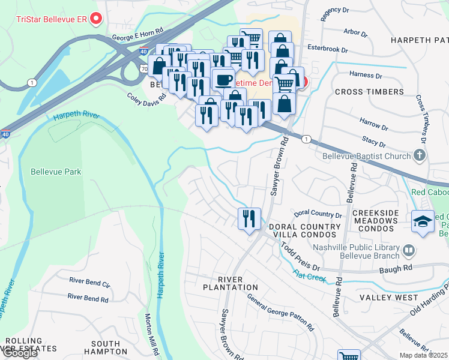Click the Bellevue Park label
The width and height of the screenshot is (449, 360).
57,172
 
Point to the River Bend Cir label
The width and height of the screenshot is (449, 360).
89,282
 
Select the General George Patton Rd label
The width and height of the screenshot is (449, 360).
280,314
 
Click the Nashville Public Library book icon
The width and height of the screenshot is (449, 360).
408,250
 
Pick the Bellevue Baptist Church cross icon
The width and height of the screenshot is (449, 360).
420,156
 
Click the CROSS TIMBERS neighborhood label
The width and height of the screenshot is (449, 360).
369,92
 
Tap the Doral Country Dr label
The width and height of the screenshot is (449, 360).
318,214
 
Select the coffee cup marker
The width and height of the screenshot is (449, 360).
223,79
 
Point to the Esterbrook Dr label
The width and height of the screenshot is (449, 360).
327,49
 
